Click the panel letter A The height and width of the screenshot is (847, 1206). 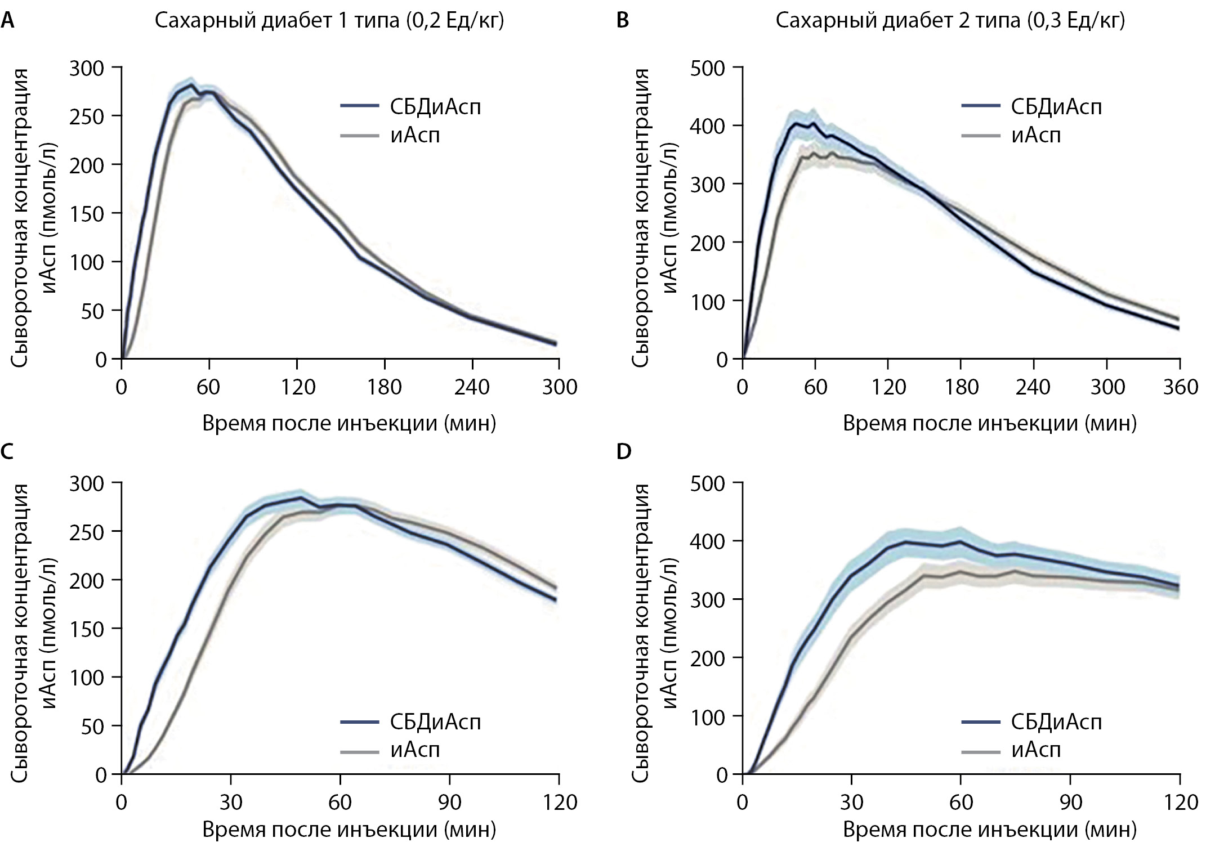point(7,21)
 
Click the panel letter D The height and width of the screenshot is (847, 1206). point(624,451)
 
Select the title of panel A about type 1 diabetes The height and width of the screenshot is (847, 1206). point(329,21)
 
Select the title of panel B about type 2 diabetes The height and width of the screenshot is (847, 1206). point(950,21)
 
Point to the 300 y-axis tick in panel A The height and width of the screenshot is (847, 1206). point(87,68)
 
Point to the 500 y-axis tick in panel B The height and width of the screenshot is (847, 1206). point(708,68)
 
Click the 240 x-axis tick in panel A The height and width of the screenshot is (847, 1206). point(472,387)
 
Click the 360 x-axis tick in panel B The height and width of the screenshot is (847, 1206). point(1180,387)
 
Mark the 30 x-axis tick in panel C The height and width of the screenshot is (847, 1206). point(230,802)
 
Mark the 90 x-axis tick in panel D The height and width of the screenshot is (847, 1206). point(1070,802)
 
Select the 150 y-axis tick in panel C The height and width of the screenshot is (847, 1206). point(87,629)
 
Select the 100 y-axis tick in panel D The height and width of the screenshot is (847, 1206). point(708,716)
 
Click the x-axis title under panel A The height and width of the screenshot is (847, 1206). point(349,423)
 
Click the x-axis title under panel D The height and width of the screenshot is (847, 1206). point(989,830)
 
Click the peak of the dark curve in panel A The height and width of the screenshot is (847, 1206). point(191,84)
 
